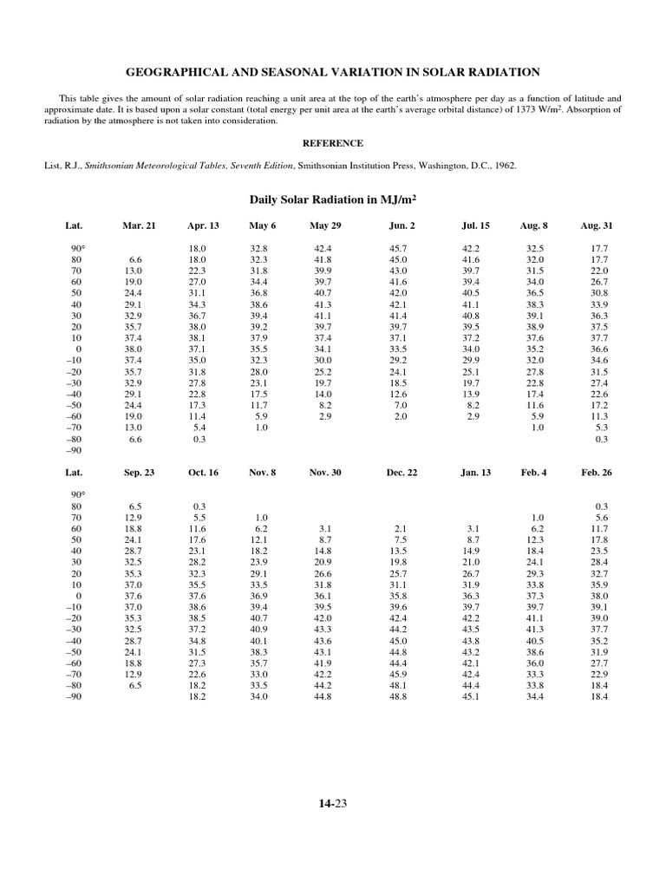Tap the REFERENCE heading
(332, 143)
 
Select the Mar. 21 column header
(139, 225)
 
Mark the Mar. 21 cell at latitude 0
(134, 349)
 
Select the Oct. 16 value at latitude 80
(199, 506)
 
